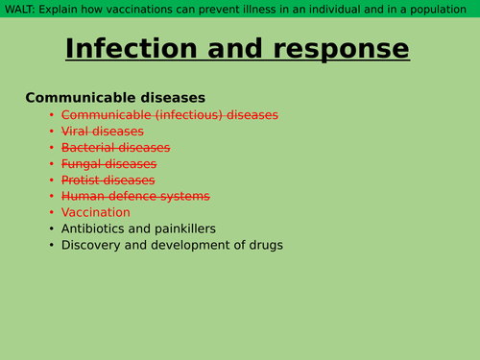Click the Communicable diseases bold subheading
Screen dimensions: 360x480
coord(115,98)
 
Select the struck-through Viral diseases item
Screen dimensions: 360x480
coord(103,132)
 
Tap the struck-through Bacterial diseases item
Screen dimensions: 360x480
coord(115,148)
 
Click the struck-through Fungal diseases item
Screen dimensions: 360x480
coord(108,164)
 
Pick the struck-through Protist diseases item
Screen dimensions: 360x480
coord(108,180)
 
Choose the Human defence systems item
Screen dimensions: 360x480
coord(135,197)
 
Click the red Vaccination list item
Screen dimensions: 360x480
coord(96,213)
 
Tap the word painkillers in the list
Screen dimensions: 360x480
coord(181,229)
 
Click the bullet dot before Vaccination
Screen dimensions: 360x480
coord(52,213)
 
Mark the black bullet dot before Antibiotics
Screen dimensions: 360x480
coord(52,229)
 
